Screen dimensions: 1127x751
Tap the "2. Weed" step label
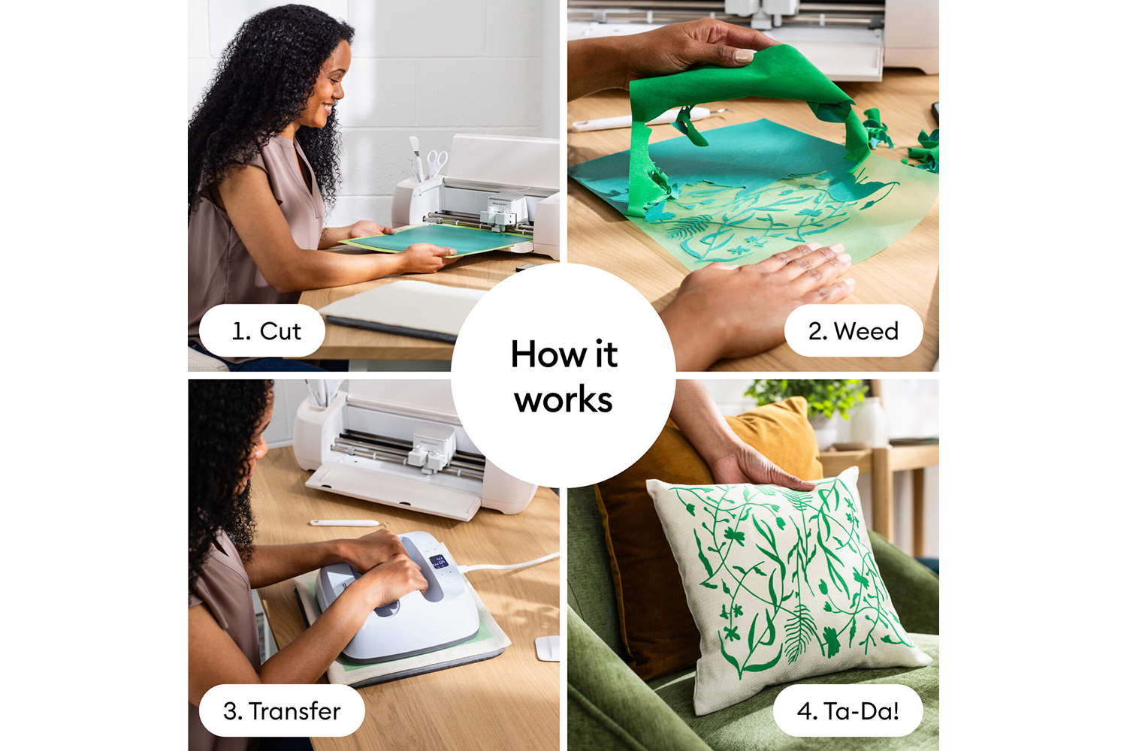854,331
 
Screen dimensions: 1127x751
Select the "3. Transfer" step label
282,710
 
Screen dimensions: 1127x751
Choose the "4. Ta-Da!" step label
848,710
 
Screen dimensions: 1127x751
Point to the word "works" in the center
563,400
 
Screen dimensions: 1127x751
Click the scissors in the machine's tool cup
437,162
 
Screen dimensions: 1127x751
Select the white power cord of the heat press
508,563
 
